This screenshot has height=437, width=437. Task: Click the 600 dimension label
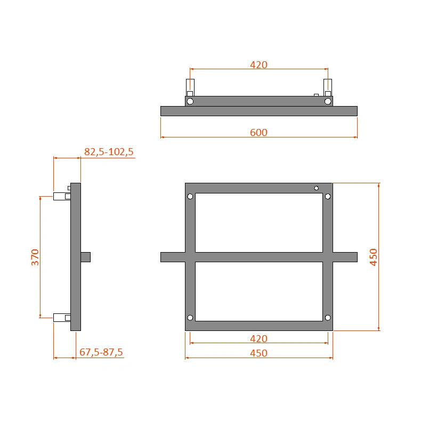pyautogui.click(x=258, y=132)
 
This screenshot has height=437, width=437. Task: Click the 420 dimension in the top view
pyautogui.click(x=258, y=65)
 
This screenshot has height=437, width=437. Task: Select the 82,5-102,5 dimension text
pyautogui.click(x=109, y=152)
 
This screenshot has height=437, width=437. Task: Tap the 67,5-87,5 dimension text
pyautogui.click(x=101, y=352)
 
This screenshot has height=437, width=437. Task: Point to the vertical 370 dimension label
pyautogui.click(x=35, y=257)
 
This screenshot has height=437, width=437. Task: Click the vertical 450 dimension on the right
pyautogui.click(x=373, y=257)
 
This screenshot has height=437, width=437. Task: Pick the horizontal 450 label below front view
pyautogui.click(x=258, y=353)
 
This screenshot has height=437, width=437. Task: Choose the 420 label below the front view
pyautogui.click(x=258, y=338)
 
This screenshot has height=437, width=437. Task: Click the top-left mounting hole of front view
pyautogui.click(x=190, y=197)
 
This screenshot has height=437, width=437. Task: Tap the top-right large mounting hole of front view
pyautogui.click(x=328, y=197)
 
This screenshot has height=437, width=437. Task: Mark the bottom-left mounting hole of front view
pyautogui.click(x=190, y=318)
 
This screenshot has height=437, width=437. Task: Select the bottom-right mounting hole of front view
pyautogui.click(x=328, y=318)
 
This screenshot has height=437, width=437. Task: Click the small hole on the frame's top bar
pyautogui.click(x=317, y=188)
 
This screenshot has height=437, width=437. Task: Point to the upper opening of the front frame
pyautogui.click(x=258, y=222)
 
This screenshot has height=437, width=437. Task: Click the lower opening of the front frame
pyautogui.click(x=258, y=291)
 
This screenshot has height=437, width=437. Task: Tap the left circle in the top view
pyautogui.click(x=190, y=101)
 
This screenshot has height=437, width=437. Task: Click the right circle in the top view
pyautogui.click(x=328, y=101)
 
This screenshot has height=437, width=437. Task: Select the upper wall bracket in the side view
pyautogui.click(x=61, y=196)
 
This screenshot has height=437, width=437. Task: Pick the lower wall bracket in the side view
pyautogui.click(x=61, y=318)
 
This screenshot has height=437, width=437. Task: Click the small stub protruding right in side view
pyautogui.click(x=86, y=257)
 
